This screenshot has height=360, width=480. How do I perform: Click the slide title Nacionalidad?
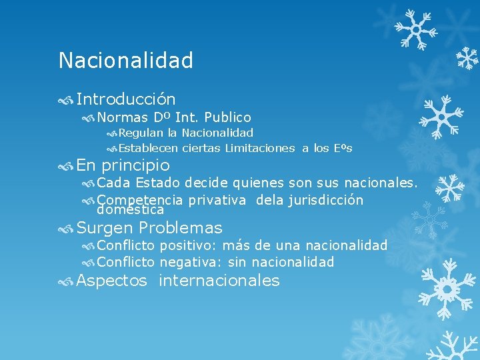[125, 61]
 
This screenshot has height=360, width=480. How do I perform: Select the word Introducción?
[126, 99]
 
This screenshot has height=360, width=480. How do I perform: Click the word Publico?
[227, 118]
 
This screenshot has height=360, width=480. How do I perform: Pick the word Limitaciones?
[259, 148]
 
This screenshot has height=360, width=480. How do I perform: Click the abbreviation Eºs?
[342, 148]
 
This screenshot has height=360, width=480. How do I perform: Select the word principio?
[135, 165]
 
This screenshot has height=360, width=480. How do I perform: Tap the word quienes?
[244, 183]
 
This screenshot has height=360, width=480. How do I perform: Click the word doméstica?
[130, 210]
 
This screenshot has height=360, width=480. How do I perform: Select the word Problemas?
[180, 228]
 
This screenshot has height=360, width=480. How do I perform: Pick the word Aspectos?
[111, 281]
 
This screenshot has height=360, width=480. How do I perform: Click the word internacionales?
[219, 281]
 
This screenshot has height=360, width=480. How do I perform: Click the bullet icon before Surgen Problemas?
[65, 229]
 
